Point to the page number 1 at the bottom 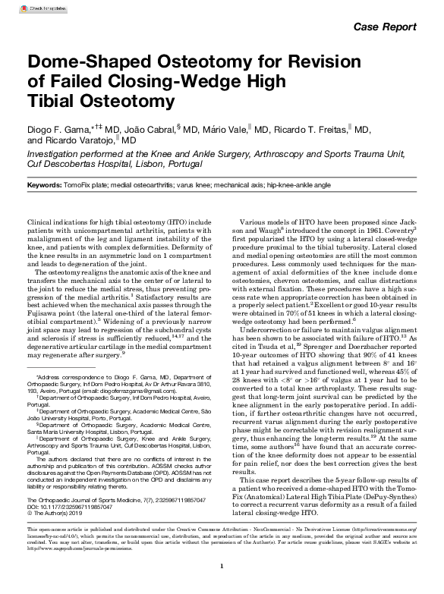tap(222, 565)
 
